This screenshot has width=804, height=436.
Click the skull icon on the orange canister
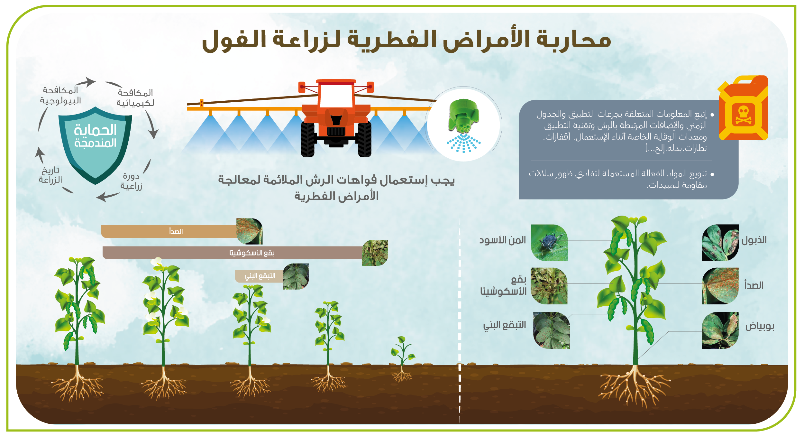pyautogui.click(x=743, y=116)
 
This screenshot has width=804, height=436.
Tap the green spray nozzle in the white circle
pyautogui.click(x=463, y=116)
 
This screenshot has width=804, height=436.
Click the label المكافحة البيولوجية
pyautogui.click(x=60, y=96)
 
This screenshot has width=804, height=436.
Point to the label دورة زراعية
pyautogui.click(x=131, y=181)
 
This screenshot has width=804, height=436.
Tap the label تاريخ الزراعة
pyautogui.click(x=50, y=175)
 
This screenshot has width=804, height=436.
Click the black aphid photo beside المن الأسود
pyautogui.click(x=549, y=243)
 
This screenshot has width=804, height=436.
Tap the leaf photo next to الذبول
pyautogui.click(x=720, y=243)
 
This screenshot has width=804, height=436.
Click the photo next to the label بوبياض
pyautogui.click(x=720, y=330)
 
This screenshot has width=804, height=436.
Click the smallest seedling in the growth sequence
pyautogui.click(x=402, y=359)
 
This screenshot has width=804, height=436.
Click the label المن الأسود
pyautogui.click(x=503, y=240)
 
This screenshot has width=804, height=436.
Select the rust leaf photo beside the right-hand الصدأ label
pyautogui.click(x=720, y=286)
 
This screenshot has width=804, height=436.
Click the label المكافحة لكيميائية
pyautogui.click(x=135, y=98)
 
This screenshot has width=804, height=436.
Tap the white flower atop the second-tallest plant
pyautogui.click(x=157, y=261)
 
